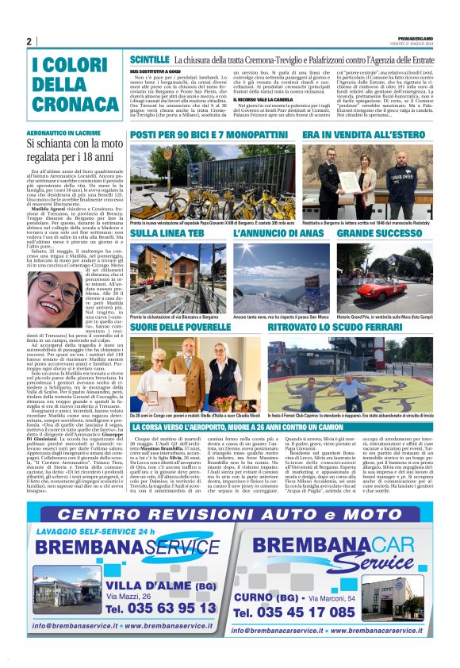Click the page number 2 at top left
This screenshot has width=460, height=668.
tap(29, 42)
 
